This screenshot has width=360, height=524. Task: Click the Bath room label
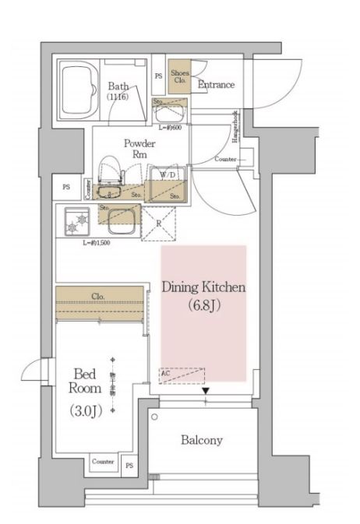[x=119, y=86]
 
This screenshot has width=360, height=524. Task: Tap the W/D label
[x=168, y=174]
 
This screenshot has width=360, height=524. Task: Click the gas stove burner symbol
[x=77, y=224]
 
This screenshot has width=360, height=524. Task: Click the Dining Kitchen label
[x=203, y=287]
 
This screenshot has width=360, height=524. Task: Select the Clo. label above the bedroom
[x=98, y=296]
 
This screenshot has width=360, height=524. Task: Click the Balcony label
[x=202, y=440]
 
